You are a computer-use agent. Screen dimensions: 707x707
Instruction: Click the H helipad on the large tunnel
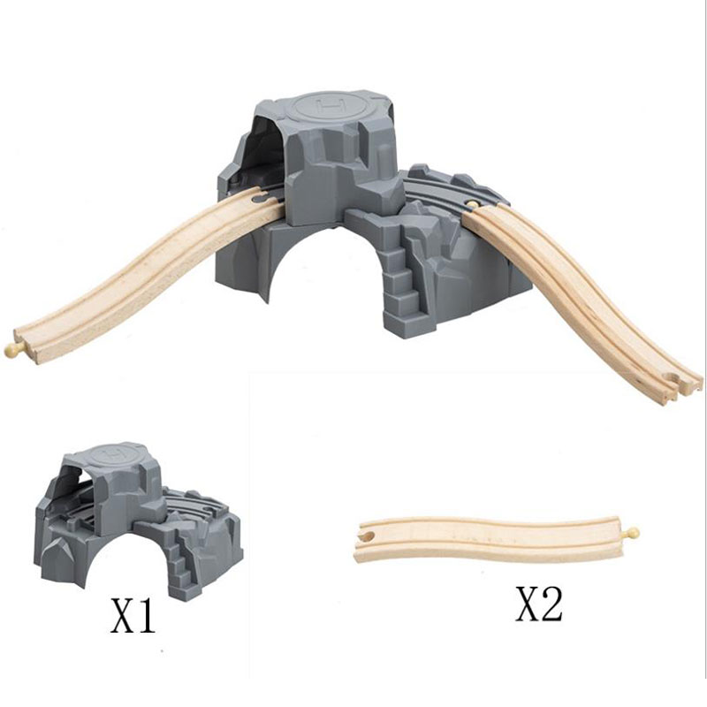click(331, 105)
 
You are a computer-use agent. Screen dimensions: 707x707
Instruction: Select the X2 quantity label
click(539, 604)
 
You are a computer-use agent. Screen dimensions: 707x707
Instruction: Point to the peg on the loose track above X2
click(632, 533)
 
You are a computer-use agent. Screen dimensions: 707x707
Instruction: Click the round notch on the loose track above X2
click(368, 536)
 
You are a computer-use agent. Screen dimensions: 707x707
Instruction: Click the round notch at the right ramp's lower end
click(673, 379)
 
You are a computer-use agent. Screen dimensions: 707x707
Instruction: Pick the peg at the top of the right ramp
click(472, 204)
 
